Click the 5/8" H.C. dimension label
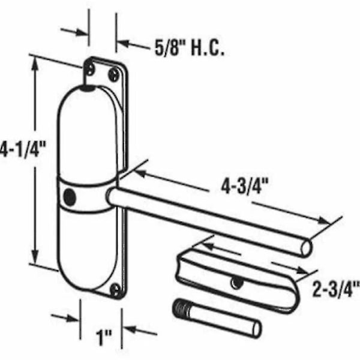point(190,49)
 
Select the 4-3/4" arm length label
point(245,186)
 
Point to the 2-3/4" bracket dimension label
point(336,289)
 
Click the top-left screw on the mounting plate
point(91,68)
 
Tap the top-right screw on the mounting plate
point(114,74)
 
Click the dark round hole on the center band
point(70,197)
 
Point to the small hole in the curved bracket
point(236,283)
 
